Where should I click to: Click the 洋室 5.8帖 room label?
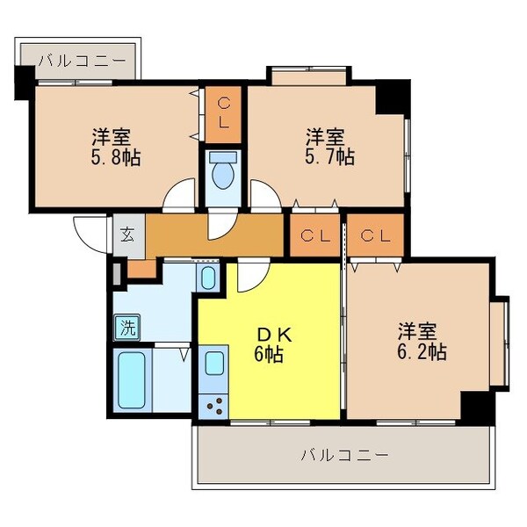[x=115, y=147]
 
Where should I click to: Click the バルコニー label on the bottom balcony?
[x=343, y=455]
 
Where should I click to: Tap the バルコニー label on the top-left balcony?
[x=84, y=61]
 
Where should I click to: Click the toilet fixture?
[x=225, y=172]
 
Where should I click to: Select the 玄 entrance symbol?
[x=127, y=235]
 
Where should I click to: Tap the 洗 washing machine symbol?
[x=127, y=330]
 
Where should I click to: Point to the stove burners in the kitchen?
[x=213, y=406]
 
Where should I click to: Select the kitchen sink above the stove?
[x=213, y=365]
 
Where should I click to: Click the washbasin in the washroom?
[x=207, y=278]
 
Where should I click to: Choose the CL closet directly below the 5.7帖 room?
[x=314, y=235]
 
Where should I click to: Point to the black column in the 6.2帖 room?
[x=476, y=406]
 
